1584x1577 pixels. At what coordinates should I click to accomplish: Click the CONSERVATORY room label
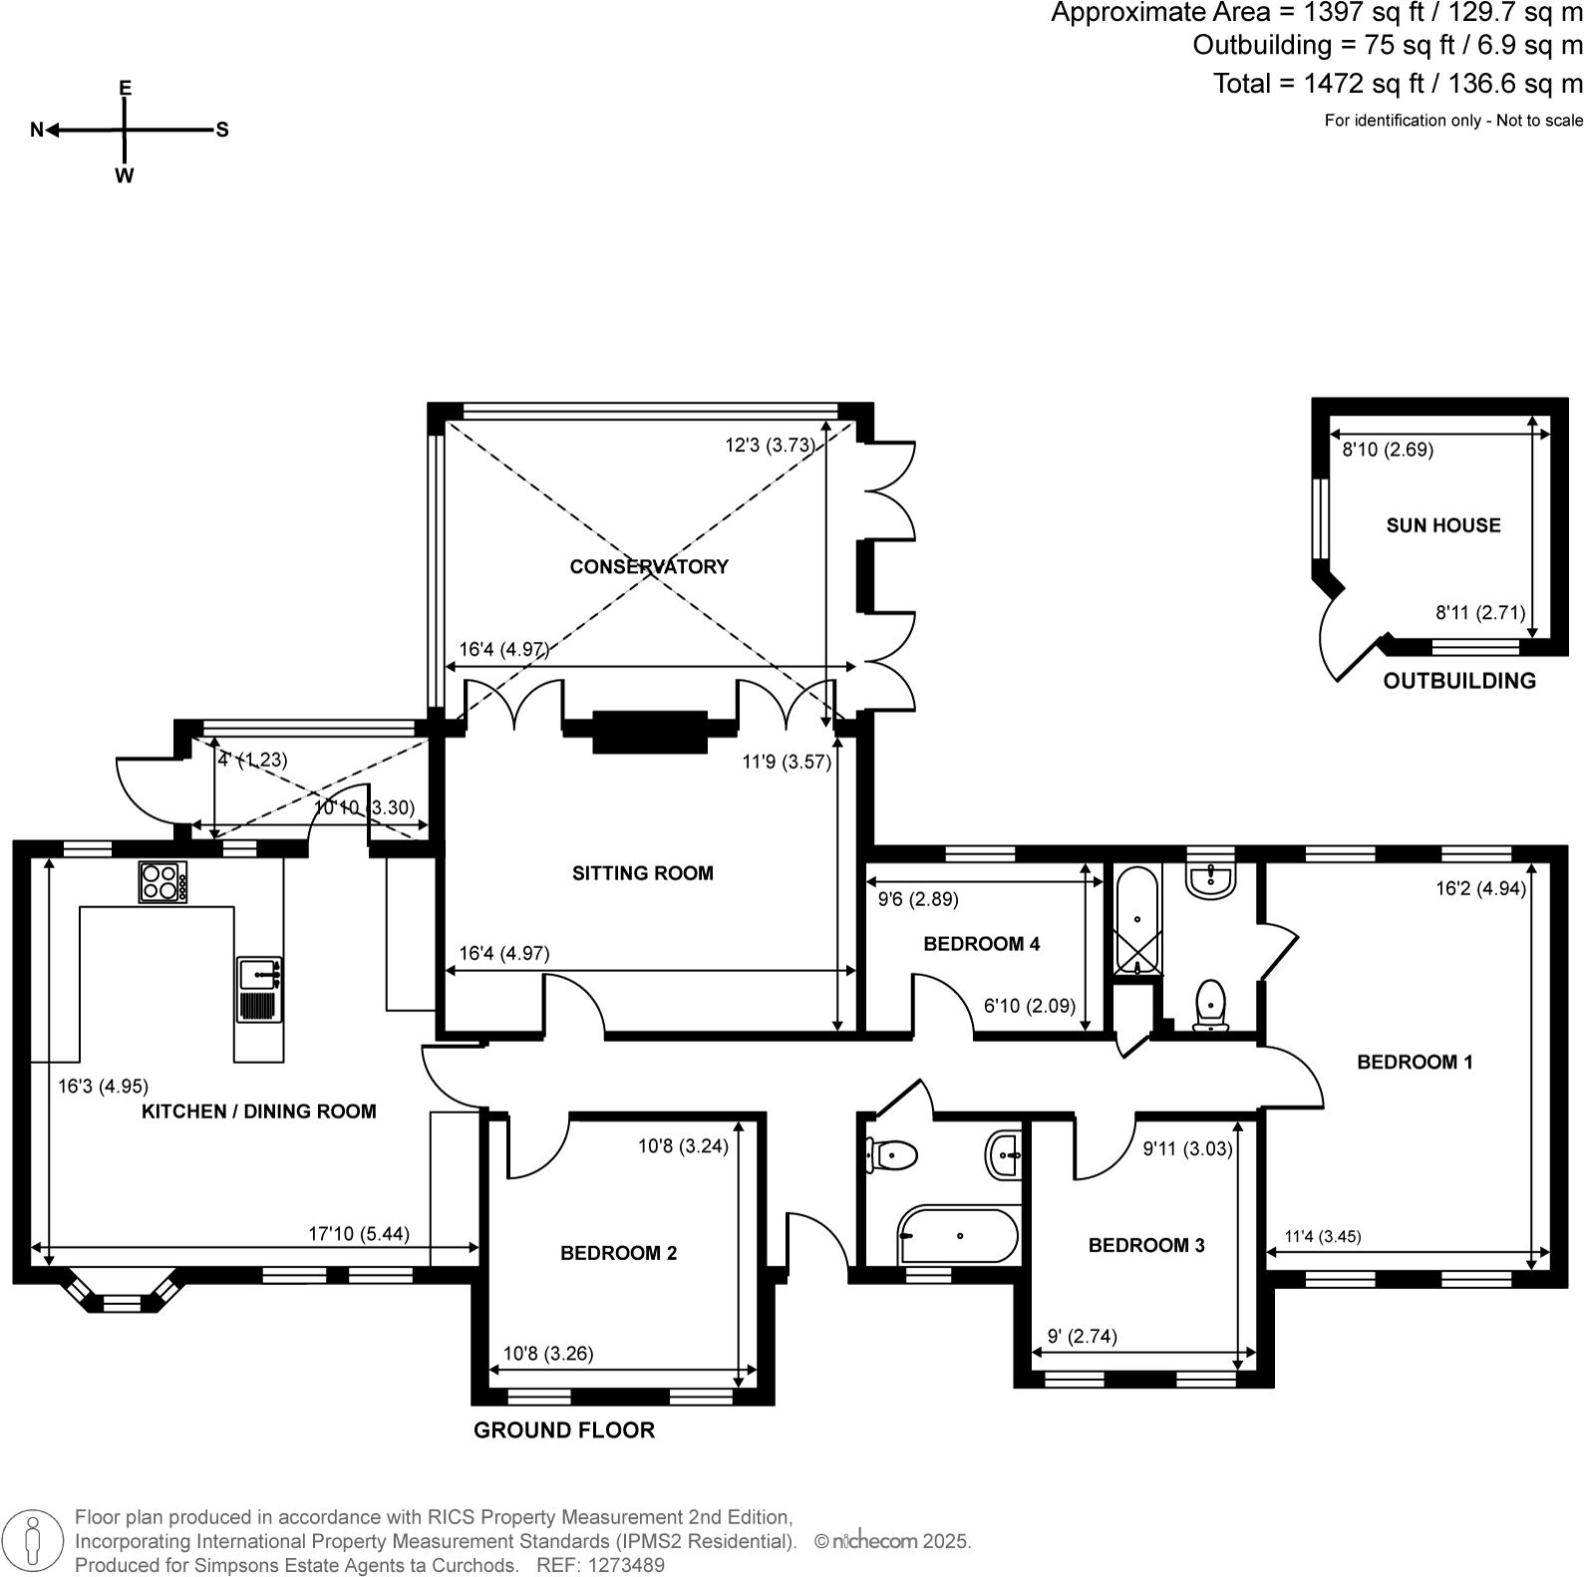coord(649,566)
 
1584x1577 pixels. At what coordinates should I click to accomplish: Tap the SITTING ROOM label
coord(643,873)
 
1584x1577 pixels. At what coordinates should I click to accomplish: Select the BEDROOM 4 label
coord(981,943)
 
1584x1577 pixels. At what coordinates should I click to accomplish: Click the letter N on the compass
coord(37,130)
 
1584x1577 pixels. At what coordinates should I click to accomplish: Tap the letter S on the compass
coord(222,130)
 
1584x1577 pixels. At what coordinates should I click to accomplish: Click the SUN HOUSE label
coord(1442,525)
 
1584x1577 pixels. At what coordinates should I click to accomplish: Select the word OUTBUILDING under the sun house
coord(1459,681)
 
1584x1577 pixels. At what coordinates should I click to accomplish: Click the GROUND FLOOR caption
coord(564,1430)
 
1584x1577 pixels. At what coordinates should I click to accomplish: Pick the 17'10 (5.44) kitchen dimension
coord(359,1234)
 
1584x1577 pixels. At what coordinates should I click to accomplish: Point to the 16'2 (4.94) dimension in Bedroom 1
coord(1480,888)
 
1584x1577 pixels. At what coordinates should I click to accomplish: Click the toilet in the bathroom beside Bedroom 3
coord(892,1156)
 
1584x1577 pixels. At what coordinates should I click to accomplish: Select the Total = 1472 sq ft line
coord(1397,84)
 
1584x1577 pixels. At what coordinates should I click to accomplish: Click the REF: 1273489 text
coord(600,1565)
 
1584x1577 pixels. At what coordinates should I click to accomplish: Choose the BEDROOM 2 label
coord(618,1253)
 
